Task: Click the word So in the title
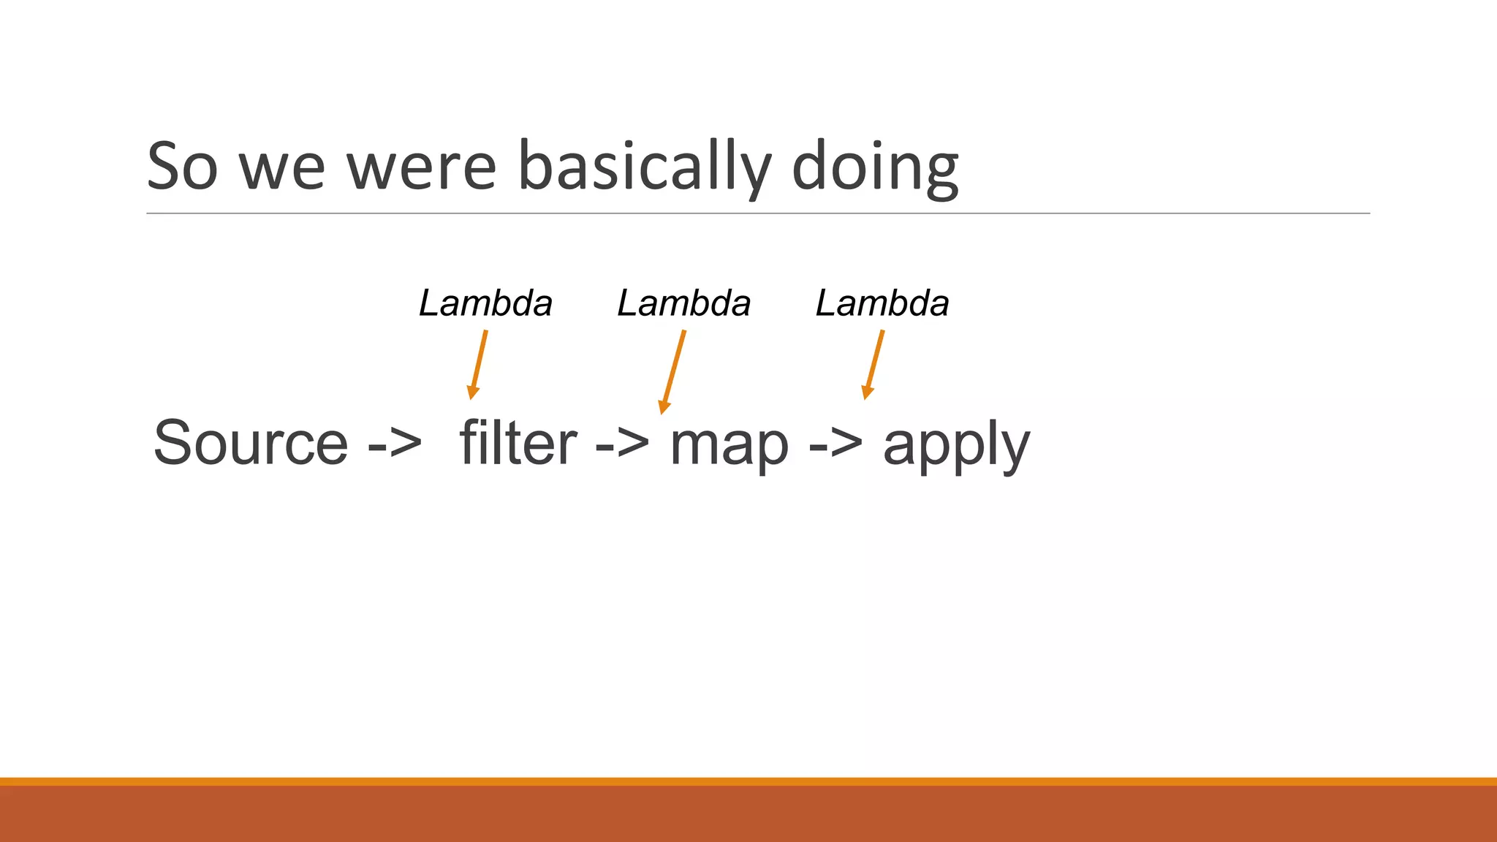tap(182, 167)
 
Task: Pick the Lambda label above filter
tap(485, 303)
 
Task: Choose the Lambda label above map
tap(683, 303)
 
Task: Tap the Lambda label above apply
tap(882, 303)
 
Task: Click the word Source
tap(251, 443)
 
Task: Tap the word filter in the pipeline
tap(518, 443)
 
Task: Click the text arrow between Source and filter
tap(395, 443)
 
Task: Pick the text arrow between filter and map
tap(622, 443)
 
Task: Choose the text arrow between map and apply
tap(835, 443)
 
